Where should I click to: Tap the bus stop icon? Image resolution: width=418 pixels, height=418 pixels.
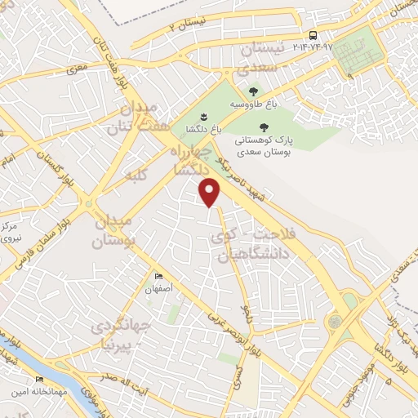pyautogui.click(x=313, y=35)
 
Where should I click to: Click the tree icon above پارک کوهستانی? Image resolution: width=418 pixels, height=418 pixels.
pyautogui.click(x=263, y=127)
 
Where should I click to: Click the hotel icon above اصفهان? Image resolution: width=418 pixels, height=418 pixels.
pyautogui.click(x=158, y=277)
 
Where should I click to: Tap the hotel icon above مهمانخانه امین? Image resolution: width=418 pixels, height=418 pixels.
pyautogui.click(x=39, y=380)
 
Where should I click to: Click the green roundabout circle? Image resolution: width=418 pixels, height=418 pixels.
pyautogui.click(x=335, y=322)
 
